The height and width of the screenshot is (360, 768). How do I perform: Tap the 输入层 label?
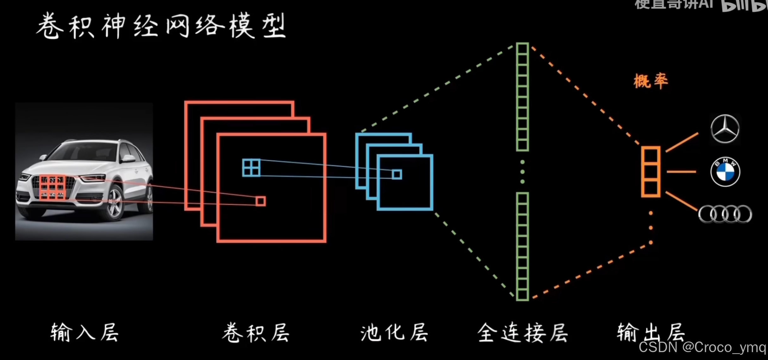84,333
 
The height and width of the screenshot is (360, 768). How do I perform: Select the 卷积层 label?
256,333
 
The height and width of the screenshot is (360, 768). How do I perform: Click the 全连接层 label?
523,333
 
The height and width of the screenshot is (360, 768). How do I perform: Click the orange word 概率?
651,81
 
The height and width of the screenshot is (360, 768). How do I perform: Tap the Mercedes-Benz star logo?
725,129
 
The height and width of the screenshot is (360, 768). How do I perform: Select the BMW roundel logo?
725,172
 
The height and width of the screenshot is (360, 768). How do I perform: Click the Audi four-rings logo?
725,214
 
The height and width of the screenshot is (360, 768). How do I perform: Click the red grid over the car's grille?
53,187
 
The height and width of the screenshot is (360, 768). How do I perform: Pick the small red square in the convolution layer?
261,201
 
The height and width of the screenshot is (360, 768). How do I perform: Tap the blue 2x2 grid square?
251,168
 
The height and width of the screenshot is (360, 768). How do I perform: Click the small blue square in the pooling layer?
397,174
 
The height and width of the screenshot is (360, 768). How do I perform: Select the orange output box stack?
651,172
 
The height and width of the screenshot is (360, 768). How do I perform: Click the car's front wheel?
115,203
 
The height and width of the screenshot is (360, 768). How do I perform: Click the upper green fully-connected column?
522,97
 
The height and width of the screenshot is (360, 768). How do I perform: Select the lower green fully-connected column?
522,246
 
